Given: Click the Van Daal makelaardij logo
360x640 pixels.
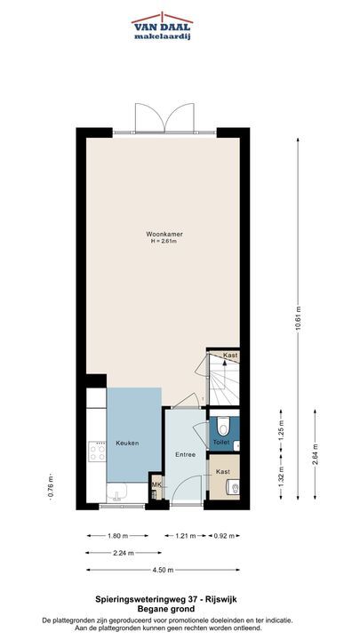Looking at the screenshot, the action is (162, 26).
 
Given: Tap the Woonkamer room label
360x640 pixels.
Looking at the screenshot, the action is (164, 235).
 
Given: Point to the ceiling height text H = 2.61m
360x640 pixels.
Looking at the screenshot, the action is (164, 241).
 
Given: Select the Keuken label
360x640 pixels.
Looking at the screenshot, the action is (127, 443).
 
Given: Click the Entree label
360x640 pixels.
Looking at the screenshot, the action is (185, 454).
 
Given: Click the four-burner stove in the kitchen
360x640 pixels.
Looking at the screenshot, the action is (97, 451).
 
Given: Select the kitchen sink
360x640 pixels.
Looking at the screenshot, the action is (117, 492).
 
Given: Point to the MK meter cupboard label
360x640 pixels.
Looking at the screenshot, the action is (156, 484).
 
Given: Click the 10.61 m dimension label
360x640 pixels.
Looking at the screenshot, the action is (298, 319).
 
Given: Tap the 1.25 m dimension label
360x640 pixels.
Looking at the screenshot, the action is (281, 430).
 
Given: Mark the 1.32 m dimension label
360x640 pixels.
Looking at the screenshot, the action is (281, 477).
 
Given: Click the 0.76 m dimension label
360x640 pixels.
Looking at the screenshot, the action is (50, 487).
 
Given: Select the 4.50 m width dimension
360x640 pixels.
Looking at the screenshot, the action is (163, 570).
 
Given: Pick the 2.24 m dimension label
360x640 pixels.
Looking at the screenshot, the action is (124, 553).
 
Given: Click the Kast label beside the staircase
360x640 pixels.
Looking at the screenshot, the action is (230, 355).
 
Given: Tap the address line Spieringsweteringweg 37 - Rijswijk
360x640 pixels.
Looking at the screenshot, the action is (165, 600).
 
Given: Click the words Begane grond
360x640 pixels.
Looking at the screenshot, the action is (165, 609).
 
